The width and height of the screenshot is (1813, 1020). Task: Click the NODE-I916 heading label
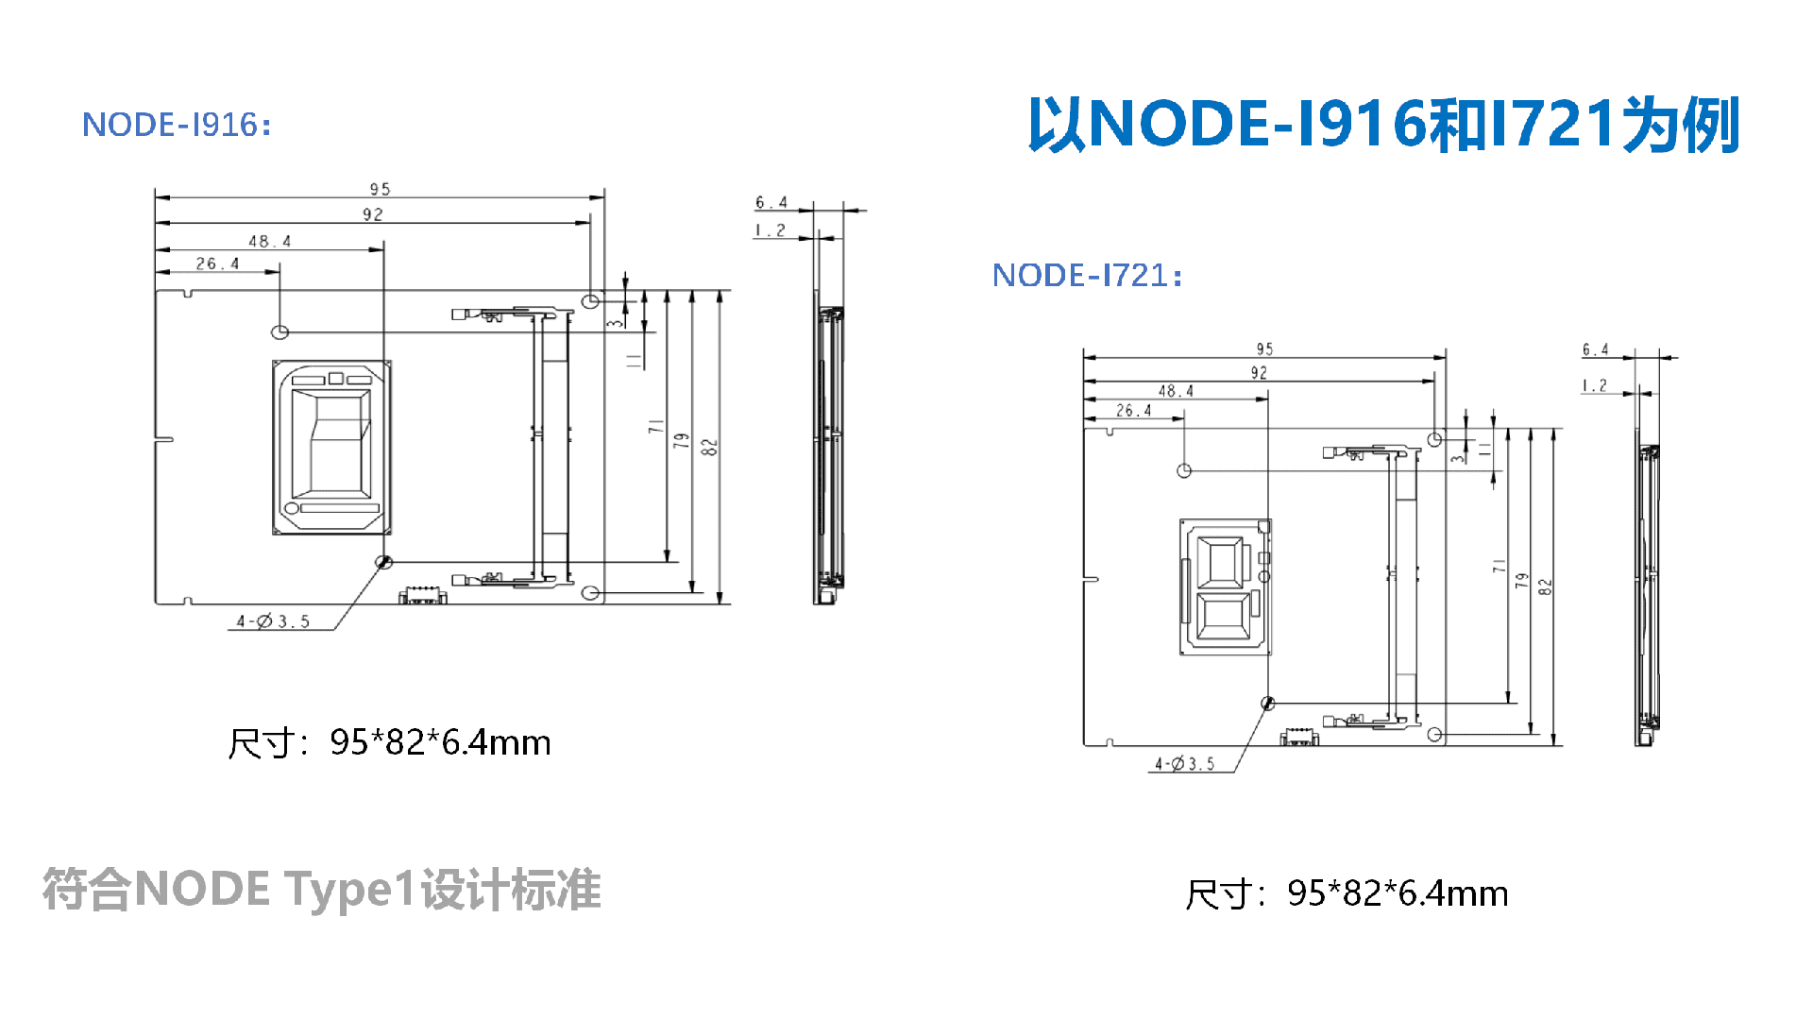177,125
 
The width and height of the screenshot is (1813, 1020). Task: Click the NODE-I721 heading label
1087,275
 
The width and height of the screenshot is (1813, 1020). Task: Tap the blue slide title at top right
1383,124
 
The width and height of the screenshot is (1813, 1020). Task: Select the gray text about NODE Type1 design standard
322,890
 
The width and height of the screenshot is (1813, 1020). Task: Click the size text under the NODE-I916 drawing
389,742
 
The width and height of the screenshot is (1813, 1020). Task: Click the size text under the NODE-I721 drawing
1347,893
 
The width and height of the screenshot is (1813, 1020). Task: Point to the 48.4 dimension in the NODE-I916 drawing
270,241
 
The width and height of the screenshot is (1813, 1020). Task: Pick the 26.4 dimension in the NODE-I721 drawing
1134,411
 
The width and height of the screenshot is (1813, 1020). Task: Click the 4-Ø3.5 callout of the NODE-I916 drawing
273,620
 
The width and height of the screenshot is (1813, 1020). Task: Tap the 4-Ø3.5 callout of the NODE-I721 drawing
1185,763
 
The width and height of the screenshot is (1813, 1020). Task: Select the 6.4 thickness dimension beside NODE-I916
771,202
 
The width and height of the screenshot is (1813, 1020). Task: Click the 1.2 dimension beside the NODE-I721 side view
1595,385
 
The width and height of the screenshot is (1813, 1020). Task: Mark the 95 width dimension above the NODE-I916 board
380,189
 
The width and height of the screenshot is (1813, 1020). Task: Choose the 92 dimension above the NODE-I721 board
1259,373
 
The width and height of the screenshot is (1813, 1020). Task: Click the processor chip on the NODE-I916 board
331,447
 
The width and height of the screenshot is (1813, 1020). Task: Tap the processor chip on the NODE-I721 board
1226,586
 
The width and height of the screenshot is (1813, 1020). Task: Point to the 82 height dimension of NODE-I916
710,447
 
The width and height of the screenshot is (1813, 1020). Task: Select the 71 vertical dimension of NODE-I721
1499,566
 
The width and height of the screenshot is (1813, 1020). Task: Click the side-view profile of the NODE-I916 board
828,448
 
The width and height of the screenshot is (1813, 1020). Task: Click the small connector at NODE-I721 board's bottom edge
1299,737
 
